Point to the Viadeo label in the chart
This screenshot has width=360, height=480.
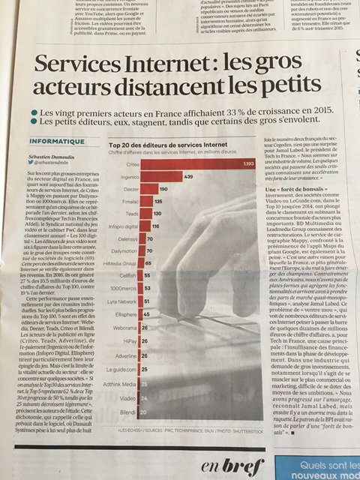(127, 398)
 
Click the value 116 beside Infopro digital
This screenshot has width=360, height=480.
(158, 226)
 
